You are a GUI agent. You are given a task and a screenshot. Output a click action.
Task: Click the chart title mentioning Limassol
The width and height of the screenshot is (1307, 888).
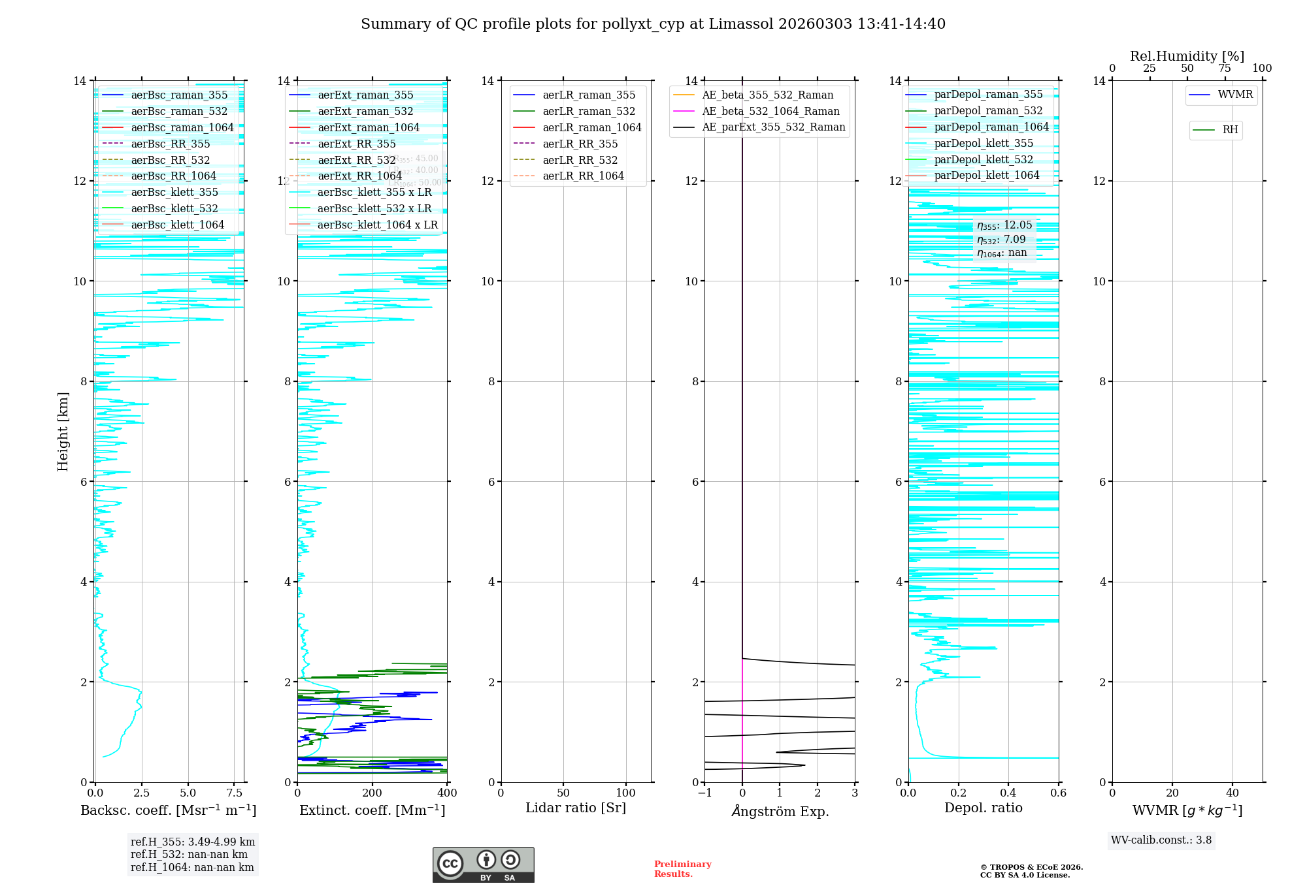pyautogui.click(x=653, y=24)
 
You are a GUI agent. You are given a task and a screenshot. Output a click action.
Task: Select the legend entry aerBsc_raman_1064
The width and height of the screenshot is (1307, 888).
pyautogui.click(x=182, y=127)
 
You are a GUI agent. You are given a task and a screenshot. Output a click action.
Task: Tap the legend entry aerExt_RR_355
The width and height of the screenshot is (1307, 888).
pyautogui.click(x=356, y=144)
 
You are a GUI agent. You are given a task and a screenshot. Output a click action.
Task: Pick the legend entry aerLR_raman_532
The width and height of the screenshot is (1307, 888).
pyautogui.click(x=588, y=111)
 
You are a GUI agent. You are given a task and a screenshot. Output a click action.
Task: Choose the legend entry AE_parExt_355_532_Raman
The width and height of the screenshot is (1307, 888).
pyautogui.click(x=773, y=127)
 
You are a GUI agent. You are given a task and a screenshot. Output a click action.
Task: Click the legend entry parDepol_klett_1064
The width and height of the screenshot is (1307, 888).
pyautogui.click(x=986, y=175)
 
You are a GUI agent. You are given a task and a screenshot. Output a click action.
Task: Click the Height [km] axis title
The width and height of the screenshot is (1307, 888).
pyautogui.click(x=63, y=431)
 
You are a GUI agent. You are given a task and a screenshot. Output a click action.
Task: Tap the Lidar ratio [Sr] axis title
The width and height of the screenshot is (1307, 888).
pyautogui.click(x=576, y=808)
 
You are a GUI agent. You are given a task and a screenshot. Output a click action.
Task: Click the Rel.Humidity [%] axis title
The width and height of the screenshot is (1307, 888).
pyautogui.click(x=1187, y=56)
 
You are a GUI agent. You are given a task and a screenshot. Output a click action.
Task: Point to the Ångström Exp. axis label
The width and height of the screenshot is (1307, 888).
pyautogui.click(x=780, y=811)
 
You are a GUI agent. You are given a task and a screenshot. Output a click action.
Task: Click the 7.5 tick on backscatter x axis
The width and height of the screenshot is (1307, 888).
pyautogui.click(x=235, y=793)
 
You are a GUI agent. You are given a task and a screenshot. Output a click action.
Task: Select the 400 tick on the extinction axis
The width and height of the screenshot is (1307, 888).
pyautogui.click(x=447, y=793)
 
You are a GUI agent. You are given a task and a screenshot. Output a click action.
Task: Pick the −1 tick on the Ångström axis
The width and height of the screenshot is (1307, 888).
pyautogui.click(x=704, y=793)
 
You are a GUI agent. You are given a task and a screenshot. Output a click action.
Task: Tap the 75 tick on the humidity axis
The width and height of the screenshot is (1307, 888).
pyautogui.click(x=1225, y=69)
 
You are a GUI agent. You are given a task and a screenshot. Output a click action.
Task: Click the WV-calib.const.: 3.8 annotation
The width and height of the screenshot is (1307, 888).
pyautogui.click(x=1161, y=840)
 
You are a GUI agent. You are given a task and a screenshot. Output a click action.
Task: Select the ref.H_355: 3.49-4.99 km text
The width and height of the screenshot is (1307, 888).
pyautogui.click(x=193, y=842)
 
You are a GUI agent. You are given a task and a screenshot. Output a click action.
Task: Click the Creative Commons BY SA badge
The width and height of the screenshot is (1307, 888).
pyautogui.click(x=483, y=864)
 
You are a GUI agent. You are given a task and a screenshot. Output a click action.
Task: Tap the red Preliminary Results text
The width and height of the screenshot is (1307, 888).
pyautogui.click(x=682, y=869)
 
